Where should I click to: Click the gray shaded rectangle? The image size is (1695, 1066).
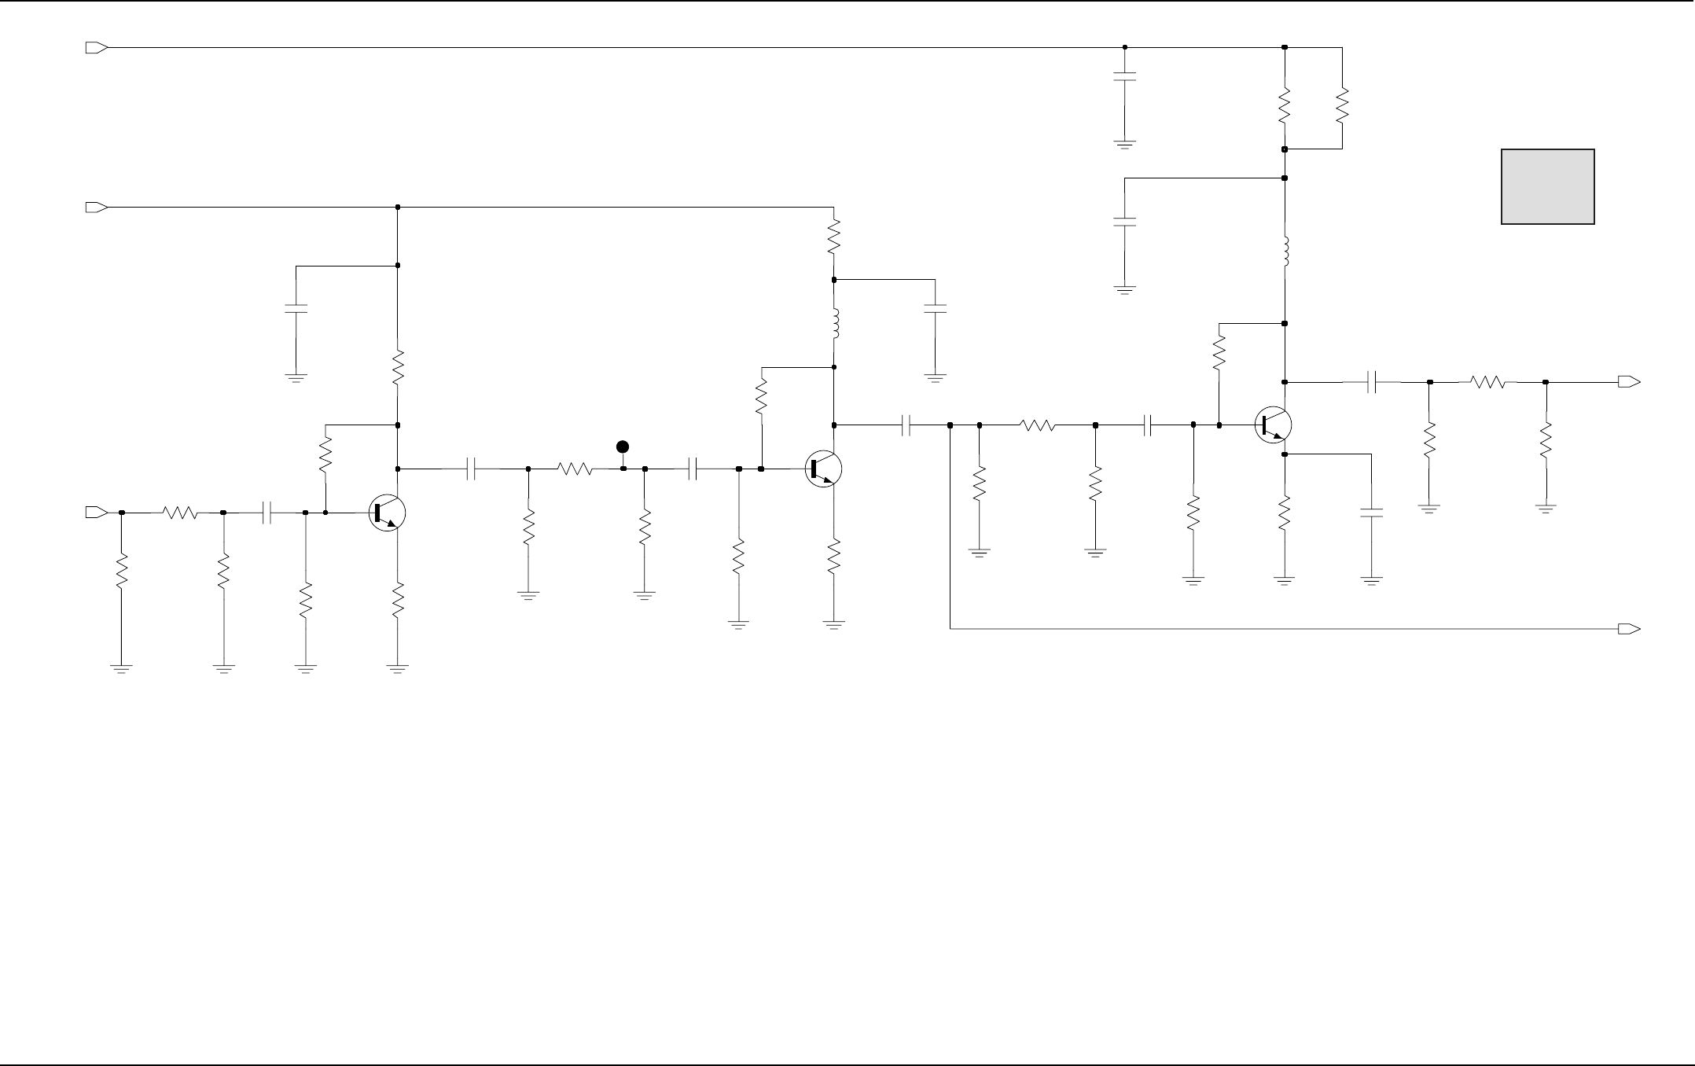click(x=1547, y=186)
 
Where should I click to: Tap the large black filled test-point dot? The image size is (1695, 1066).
click(x=623, y=447)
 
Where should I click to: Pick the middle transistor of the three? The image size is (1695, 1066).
click(x=823, y=469)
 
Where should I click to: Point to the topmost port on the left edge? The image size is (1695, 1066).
click(x=96, y=48)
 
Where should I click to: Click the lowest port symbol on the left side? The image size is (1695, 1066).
click(x=96, y=513)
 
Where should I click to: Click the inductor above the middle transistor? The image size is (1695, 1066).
click(x=834, y=323)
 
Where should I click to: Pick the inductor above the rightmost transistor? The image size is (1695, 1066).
click(x=1285, y=251)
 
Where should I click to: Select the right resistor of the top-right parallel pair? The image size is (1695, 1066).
click(x=1342, y=105)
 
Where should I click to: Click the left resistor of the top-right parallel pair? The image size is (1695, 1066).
click(x=1285, y=105)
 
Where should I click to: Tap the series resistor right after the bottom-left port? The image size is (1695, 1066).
click(x=180, y=513)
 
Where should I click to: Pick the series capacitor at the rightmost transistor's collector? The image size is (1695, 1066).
click(x=1372, y=382)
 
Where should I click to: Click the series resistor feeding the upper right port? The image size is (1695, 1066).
click(x=1487, y=382)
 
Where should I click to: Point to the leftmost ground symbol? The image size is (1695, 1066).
click(x=121, y=669)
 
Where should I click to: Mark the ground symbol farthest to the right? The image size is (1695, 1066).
click(x=1546, y=509)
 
